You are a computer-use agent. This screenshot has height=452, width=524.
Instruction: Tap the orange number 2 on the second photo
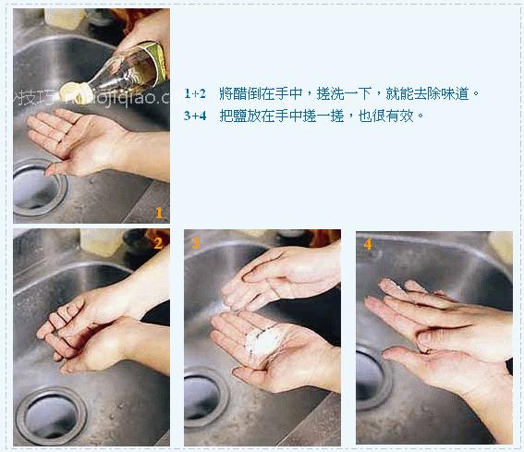[158, 243]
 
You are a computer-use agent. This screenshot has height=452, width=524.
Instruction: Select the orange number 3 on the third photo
[196, 243]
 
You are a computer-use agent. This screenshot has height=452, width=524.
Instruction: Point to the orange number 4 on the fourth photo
[368, 244]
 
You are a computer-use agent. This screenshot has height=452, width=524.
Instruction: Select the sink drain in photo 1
[35, 186]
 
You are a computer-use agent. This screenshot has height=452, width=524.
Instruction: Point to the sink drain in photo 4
[369, 379]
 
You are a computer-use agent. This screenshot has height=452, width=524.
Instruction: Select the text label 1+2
[194, 94]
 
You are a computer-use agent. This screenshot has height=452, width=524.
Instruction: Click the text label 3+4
[194, 116]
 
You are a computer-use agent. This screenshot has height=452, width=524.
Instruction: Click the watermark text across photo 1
[92, 96]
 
